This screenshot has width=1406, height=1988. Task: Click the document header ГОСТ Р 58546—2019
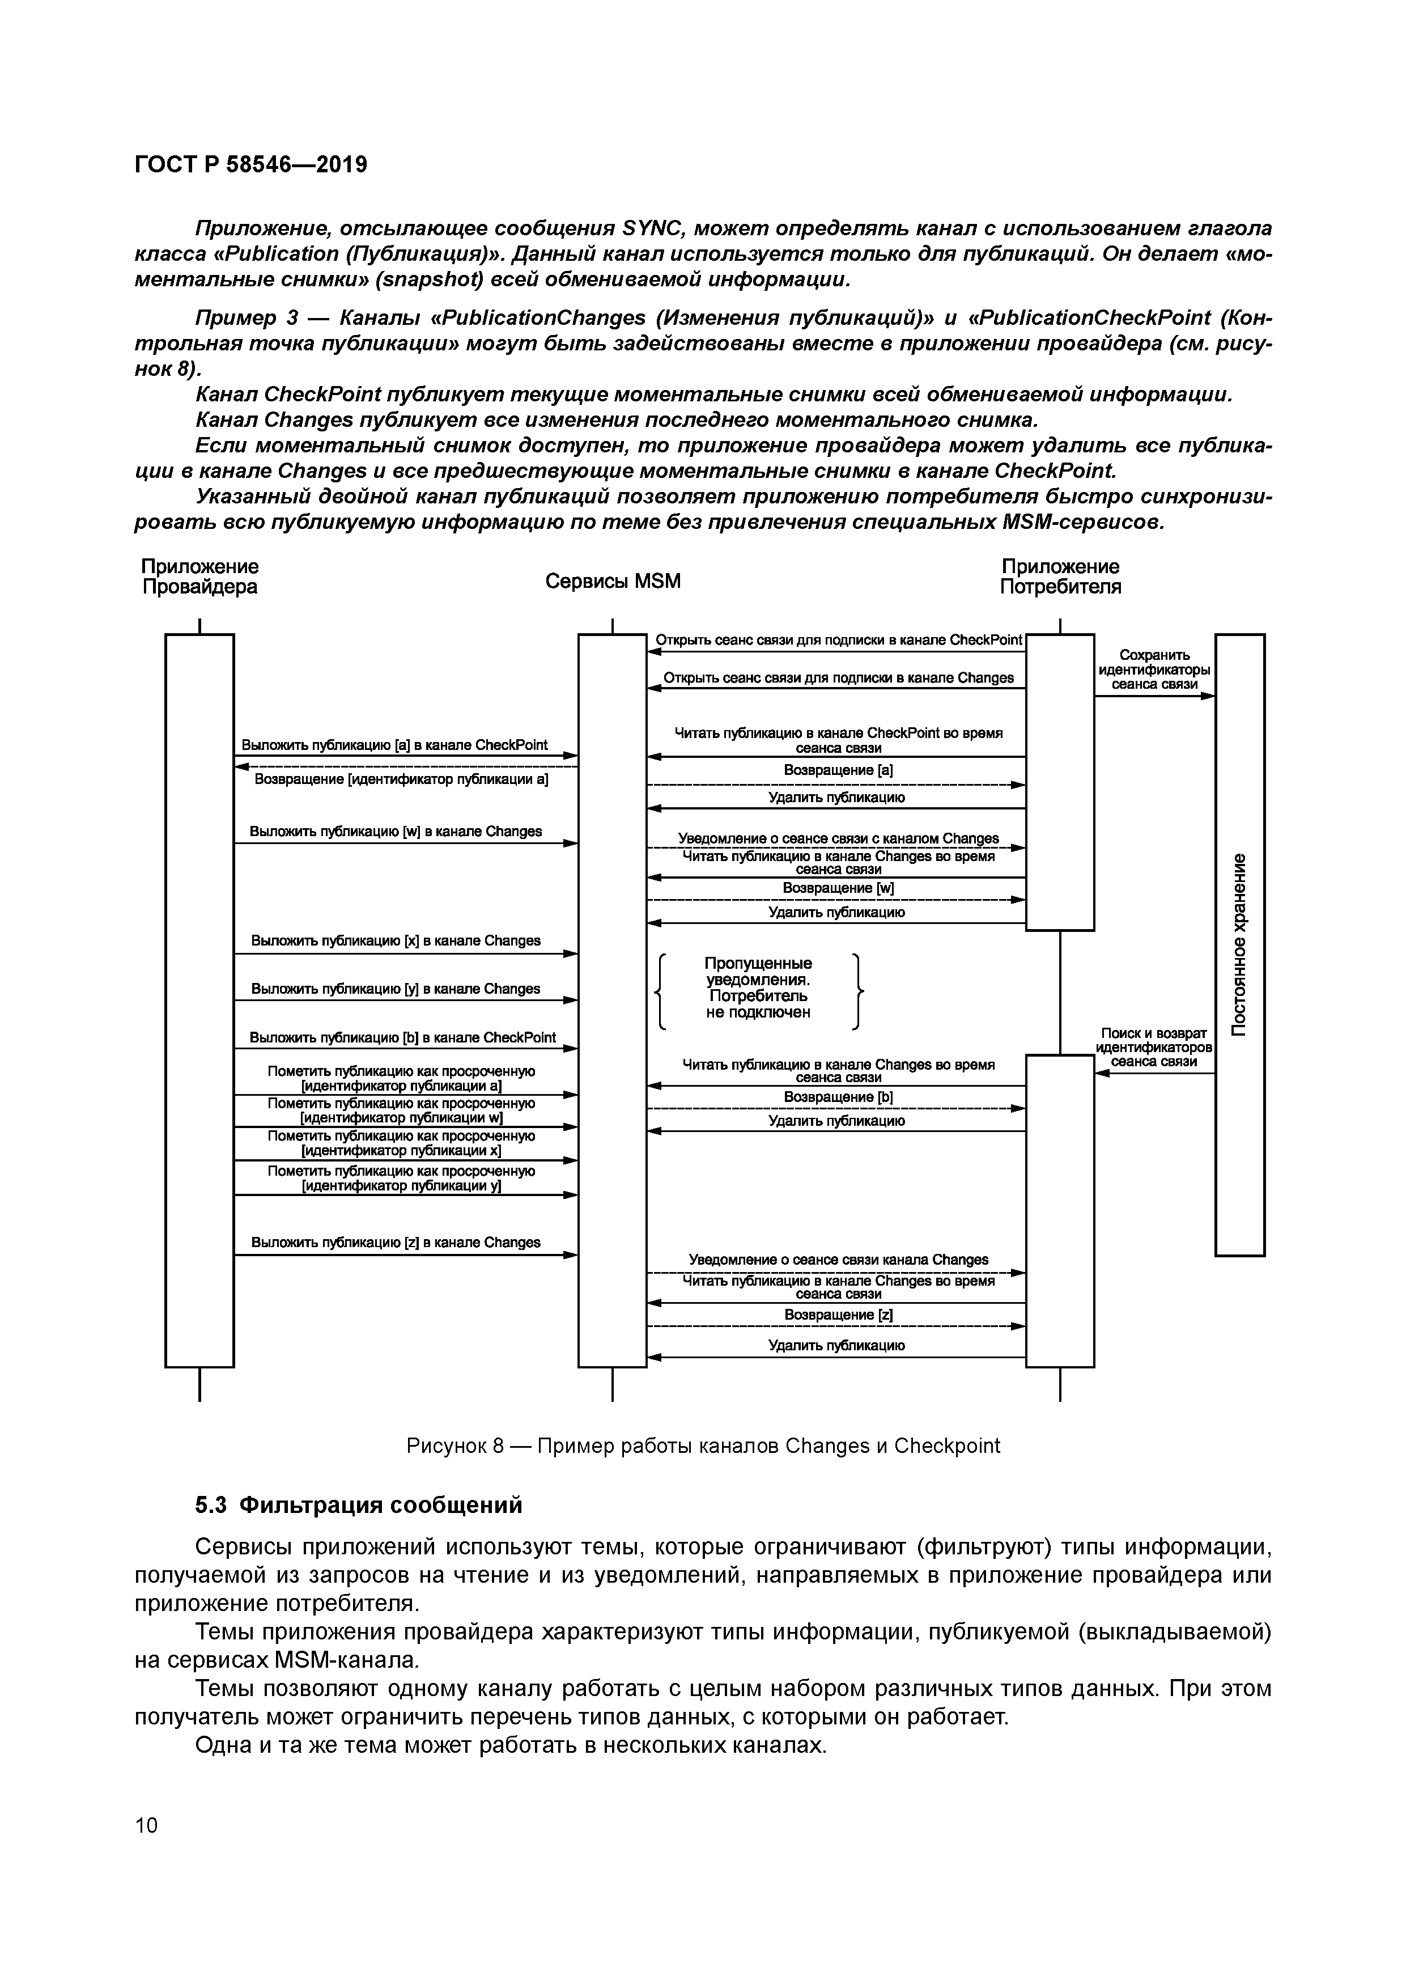point(251,164)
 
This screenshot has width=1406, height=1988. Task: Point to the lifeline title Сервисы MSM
point(613,581)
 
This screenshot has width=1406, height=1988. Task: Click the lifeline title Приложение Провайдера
point(200,577)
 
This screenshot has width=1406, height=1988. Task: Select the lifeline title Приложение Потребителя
point(1060,577)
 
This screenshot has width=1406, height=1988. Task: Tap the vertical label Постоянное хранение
point(1240,944)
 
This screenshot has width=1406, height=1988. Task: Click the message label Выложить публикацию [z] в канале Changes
point(396,1243)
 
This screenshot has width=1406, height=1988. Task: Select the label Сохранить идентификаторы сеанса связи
point(1154,669)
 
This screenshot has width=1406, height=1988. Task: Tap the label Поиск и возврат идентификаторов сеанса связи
point(1154,1047)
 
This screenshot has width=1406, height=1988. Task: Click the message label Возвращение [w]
point(837,888)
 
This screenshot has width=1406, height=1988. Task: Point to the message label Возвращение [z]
point(837,1315)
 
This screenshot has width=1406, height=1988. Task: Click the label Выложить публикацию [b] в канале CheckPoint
point(402,1037)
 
